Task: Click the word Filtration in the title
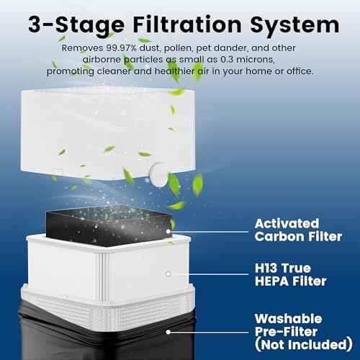pos(187,24)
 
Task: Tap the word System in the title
pos(294,25)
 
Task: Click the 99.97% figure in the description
pos(122,48)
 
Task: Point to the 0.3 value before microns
pos(227,60)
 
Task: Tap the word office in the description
pos(300,71)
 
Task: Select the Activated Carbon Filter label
pos(298,230)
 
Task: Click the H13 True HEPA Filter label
pos(291,274)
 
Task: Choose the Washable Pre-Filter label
pos(289,325)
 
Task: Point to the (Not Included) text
pos(304,345)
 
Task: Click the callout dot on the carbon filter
pos(168,232)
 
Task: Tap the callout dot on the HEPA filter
pos(168,274)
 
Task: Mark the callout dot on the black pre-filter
pos(168,332)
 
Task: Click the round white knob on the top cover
pos(159,174)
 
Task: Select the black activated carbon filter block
pos(109,225)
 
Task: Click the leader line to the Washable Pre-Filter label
pos(209,332)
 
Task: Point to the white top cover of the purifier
pos(107,134)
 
